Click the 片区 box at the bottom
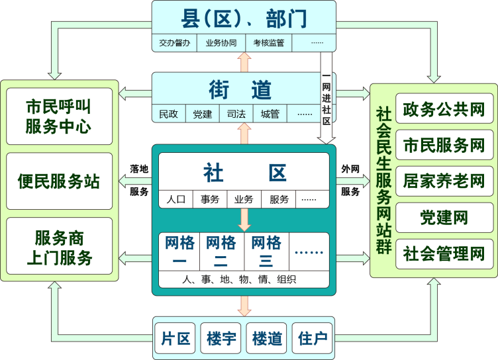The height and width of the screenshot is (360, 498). [x=175, y=339]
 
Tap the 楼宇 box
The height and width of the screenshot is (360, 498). [x=221, y=339]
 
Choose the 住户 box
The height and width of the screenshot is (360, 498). [x=313, y=339]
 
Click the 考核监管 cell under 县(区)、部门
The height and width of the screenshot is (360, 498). [x=268, y=43]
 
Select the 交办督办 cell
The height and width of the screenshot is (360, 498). [x=175, y=43]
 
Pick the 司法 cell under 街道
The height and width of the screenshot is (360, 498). [x=236, y=114]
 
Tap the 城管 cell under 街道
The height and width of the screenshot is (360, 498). [x=270, y=114]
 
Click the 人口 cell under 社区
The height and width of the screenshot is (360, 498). [x=175, y=199]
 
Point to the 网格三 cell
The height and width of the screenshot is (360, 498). [x=266, y=251]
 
